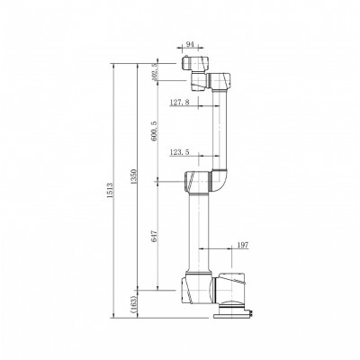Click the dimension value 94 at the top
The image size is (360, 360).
coord(189,43)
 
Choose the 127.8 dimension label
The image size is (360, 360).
coord(181,103)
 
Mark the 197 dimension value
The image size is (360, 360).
coord(241,246)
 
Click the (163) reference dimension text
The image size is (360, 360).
coord(133,304)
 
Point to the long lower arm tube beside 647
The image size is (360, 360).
coord(198,229)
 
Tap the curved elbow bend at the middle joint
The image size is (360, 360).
coord(221,183)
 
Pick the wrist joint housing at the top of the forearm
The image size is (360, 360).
coord(220,82)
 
